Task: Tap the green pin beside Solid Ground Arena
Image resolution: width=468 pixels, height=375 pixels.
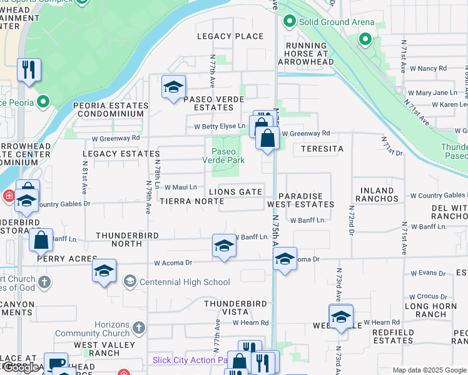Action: pos(289,22)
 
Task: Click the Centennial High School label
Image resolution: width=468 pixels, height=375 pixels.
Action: pos(185,282)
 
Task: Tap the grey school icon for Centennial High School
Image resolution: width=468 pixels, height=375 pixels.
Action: pos(130,282)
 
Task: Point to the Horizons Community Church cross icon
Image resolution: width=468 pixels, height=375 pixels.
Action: pos(138,327)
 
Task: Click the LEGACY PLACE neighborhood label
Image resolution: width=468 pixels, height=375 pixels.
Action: pos(230,36)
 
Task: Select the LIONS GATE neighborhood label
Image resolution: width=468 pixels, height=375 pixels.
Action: pos(236,192)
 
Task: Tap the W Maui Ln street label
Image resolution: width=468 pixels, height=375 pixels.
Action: pos(181,187)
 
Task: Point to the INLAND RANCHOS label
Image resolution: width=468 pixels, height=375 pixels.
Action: pos(377,194)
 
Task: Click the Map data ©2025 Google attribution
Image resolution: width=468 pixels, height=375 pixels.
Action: pos(429,370)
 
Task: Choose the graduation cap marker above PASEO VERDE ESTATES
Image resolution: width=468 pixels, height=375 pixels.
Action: pos(173,87)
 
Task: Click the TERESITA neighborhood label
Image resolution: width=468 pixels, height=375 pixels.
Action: pos(322,149)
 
